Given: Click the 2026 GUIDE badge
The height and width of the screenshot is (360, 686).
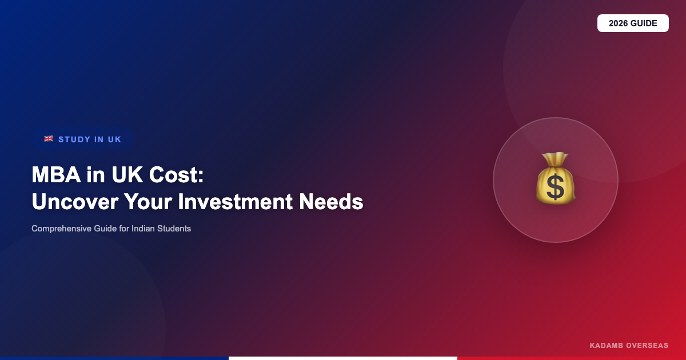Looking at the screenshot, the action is click(633, 23).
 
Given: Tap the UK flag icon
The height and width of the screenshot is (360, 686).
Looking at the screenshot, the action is click(49, 139).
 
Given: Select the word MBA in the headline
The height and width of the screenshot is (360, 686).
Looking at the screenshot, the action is click(56, 174).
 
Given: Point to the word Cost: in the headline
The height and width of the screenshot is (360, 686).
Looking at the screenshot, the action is click(177, 174).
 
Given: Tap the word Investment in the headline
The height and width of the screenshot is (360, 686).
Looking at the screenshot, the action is click(235, 201).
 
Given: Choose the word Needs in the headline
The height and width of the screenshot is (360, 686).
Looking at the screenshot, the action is click(331, 201).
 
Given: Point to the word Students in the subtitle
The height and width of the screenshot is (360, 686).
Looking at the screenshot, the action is click(174, 229).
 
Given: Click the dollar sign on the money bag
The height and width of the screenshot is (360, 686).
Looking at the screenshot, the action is click(555, 188).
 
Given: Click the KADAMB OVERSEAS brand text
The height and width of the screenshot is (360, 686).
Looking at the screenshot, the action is click(629, 346).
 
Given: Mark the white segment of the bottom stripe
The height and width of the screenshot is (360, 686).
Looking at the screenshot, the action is click(343, 358).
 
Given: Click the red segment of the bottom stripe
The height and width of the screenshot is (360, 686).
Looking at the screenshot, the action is click(572, 358).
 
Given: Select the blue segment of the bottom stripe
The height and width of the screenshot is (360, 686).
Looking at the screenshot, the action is click(114, 358).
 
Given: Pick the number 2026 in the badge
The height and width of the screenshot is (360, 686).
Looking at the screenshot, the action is click(619, 23).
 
